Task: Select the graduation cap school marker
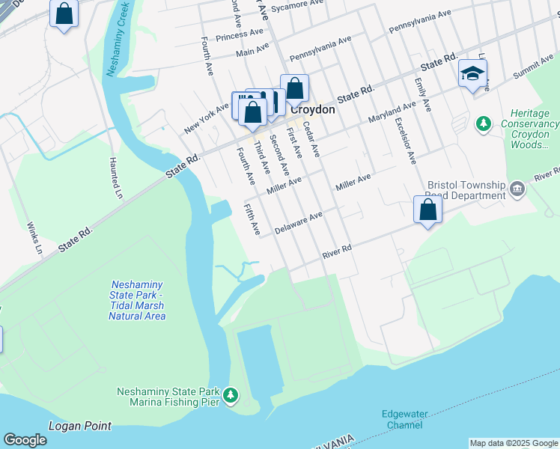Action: [472, 74]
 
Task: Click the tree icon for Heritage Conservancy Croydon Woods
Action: [484, 123]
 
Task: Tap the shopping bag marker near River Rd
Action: [427, 210]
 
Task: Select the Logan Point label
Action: [79, 426]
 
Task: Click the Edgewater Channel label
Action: [402, 419]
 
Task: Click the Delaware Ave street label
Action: [298, 222]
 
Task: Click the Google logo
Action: [25, 440]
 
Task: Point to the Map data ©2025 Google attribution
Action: [513, 443]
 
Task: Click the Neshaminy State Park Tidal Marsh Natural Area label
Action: [137, 300]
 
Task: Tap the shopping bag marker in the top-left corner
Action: [64, 13]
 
